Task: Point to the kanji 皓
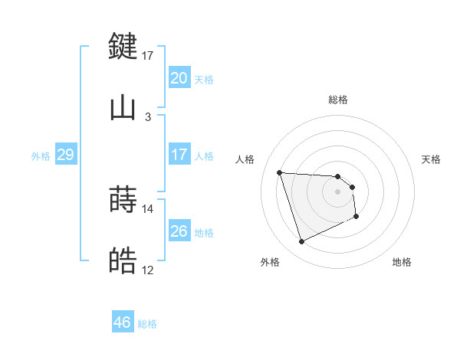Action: (123, 262)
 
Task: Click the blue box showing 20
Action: (179, 78)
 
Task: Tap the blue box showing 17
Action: (179, 155)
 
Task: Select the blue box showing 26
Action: (179, 231)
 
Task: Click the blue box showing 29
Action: (65, 155)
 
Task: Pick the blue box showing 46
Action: (123, 322)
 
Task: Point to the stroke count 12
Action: (148, 270)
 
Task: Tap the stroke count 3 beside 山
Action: (148, 117)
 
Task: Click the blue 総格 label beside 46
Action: (147, 324)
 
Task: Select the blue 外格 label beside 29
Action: (41, 155)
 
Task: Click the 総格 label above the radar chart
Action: (338, 100)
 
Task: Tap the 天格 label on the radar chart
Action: (432, 159)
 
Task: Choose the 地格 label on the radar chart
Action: (402, 262)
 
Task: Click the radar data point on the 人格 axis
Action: (280, 172)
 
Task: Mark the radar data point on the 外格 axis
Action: (301, 242)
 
